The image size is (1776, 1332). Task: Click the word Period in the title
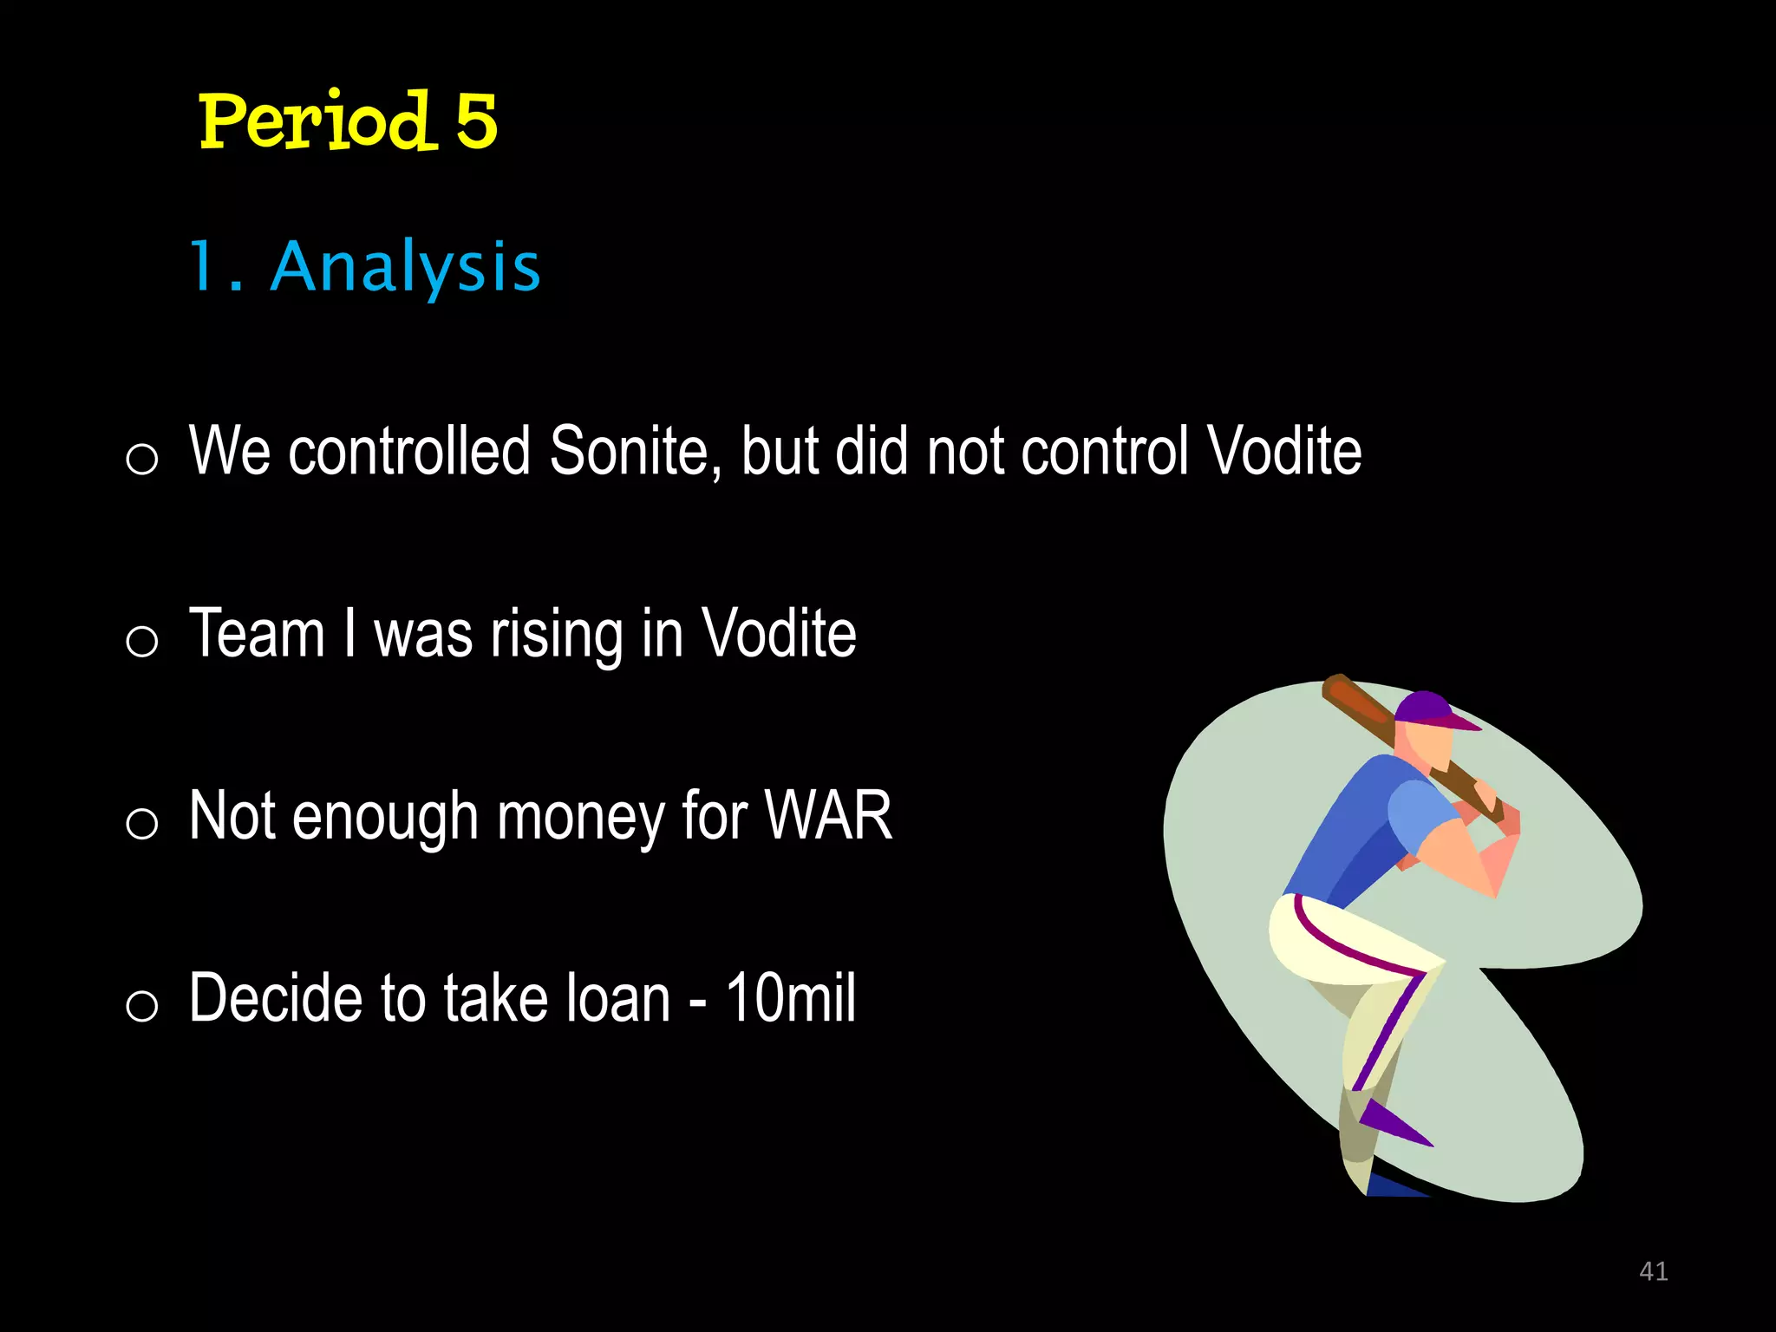pyautogui.click(x=314, y=121)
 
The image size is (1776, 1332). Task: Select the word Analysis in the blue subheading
pyautogui.click(x=406, y=266)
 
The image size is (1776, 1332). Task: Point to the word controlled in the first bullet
pyautogui.click(x=408, y=451)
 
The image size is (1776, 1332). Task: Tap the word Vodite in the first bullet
pyautogui.click(x=1284, y=451)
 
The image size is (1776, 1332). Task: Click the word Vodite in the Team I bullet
pyautogui.click(x=778, y=633)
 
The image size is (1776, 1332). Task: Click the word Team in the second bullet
pyautogui.click(x=257, y=633)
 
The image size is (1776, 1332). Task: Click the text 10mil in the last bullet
pyautogui.click(x=790, y=997)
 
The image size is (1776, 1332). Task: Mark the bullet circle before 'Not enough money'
pyautogui.click(x=142, y=822)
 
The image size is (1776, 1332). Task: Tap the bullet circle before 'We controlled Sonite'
pyautogui.click(x=142, y=458)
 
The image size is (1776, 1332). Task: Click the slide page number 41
pyautogui.click(x=1653, y=1271)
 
